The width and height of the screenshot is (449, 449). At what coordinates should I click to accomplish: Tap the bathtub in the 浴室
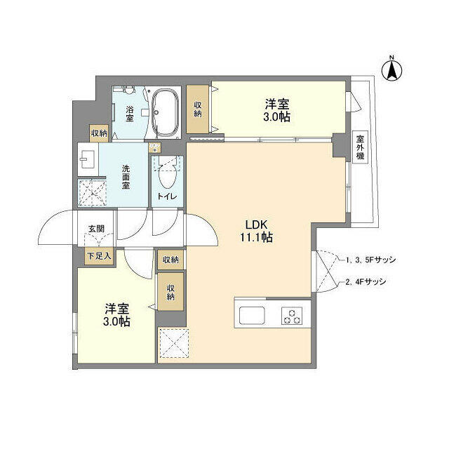(x=166, y=114)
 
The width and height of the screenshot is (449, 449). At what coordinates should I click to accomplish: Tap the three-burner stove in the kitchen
(x=292, y=316)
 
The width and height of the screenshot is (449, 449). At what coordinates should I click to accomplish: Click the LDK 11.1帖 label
(x=257, y=231)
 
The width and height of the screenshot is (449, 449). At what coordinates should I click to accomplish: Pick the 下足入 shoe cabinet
(x=99, y=257)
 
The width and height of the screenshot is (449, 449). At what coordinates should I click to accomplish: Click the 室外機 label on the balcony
(x=360, y=147)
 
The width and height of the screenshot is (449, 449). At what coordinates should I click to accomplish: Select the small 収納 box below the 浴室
(x=98, y=133)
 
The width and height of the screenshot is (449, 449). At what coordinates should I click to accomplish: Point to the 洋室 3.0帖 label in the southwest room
(x=116, y=314)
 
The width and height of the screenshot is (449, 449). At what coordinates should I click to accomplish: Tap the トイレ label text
(x=167, y=197)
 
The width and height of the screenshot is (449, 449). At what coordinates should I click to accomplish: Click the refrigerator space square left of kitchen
(x=171, y=344)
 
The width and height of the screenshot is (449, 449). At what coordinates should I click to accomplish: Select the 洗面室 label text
(x=126, y=177)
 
